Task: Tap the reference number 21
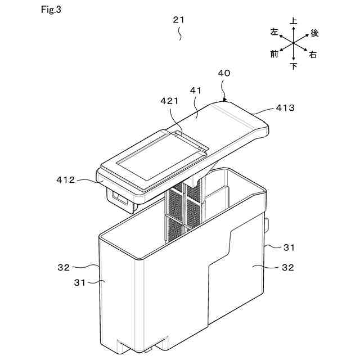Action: click(x=178, y=20)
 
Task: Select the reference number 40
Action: click(x=223, y=73)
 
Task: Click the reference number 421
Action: click(x=169, y=101)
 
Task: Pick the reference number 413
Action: click(x=285, y=107)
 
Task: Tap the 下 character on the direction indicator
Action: click(x=294, y=66)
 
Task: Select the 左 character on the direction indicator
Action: click(x=274, y=32)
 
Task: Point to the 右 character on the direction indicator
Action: click(x=313, y=55)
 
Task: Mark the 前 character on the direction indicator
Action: click(x=274, y=55)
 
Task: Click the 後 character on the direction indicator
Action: click(x=314, y=33)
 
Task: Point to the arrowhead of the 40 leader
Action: click(x=224, y=99)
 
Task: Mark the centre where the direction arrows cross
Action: click(x=294, y=43)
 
